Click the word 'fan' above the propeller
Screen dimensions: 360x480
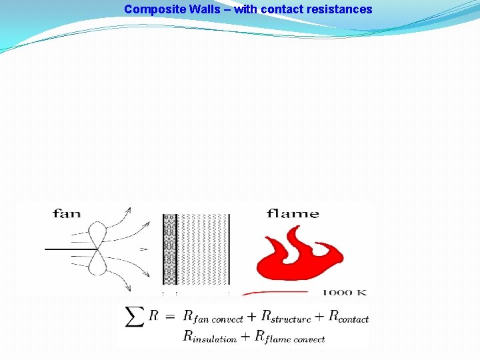coord(67,213)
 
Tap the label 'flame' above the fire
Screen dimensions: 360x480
coord(293,213)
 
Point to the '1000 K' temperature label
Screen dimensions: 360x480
coord(345,293)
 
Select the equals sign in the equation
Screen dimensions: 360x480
coord(170,316)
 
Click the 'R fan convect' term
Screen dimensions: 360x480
coord(213,317)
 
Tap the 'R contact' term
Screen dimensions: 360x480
coord(349,317)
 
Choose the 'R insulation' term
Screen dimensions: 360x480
coord(210,337)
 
